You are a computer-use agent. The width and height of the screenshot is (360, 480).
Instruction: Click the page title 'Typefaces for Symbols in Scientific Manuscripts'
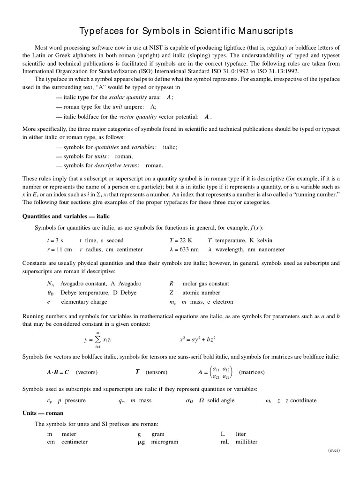[x=180, y=31]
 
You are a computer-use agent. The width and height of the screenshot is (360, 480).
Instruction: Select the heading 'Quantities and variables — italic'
[x=66, y=216]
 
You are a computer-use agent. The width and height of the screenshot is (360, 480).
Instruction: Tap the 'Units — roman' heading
[x=43, y=413]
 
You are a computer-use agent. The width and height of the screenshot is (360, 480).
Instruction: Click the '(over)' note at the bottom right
[x=334, y=450]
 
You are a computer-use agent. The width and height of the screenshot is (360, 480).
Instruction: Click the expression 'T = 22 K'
[x=180, y=240]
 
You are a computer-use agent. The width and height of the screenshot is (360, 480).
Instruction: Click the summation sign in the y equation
[x=97, y=339]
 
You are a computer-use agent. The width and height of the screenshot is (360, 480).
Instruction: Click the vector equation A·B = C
[x=58, y=372]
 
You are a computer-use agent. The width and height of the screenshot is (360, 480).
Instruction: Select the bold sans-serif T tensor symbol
[x=137, y=372]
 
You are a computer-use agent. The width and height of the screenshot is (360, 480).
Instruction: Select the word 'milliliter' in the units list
[x=247, y=442]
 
